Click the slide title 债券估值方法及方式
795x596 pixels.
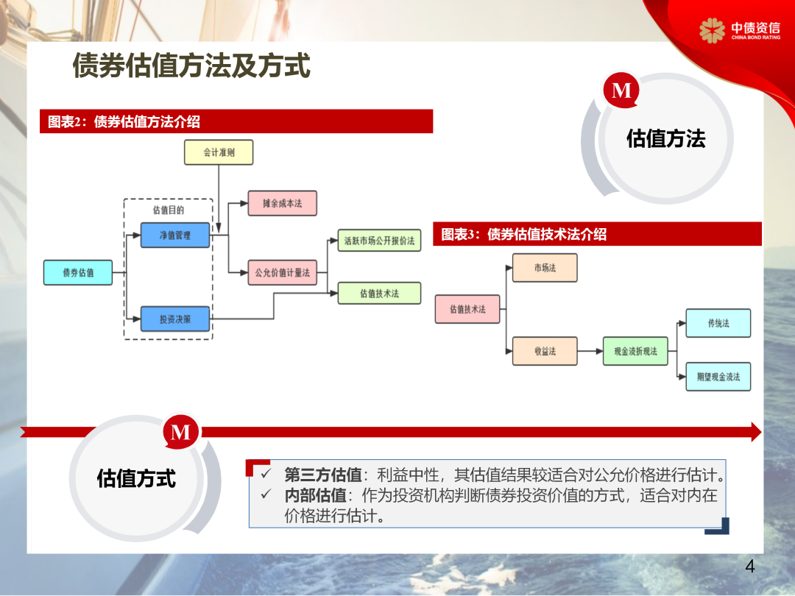(x=191, y=66)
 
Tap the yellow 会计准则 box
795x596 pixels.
(x=218, y=152)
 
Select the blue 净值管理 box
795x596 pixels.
(x=175, y=235)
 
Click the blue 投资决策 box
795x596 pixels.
(x=175, y=319)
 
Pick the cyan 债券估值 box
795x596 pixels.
(x=78, y=272)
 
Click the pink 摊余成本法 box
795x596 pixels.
(x=283, y=203)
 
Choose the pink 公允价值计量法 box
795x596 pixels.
(x=283, y=272)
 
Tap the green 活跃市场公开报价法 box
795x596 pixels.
(x=379, y=240)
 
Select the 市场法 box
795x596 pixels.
(x=545, y=268)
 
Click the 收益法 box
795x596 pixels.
(x=545, y=351)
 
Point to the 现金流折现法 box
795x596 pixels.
(x=635, y=351)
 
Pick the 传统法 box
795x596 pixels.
(x=718, y=323)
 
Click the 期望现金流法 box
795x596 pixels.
(x=718, y=377)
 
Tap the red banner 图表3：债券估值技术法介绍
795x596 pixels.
(x=597, y=234)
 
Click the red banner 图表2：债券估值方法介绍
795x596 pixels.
(x=236, y=121)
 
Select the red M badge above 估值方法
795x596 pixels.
(x=622, y=90)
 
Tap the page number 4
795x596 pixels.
(x=750, y=567)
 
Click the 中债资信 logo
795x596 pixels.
(x=740, y=30)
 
